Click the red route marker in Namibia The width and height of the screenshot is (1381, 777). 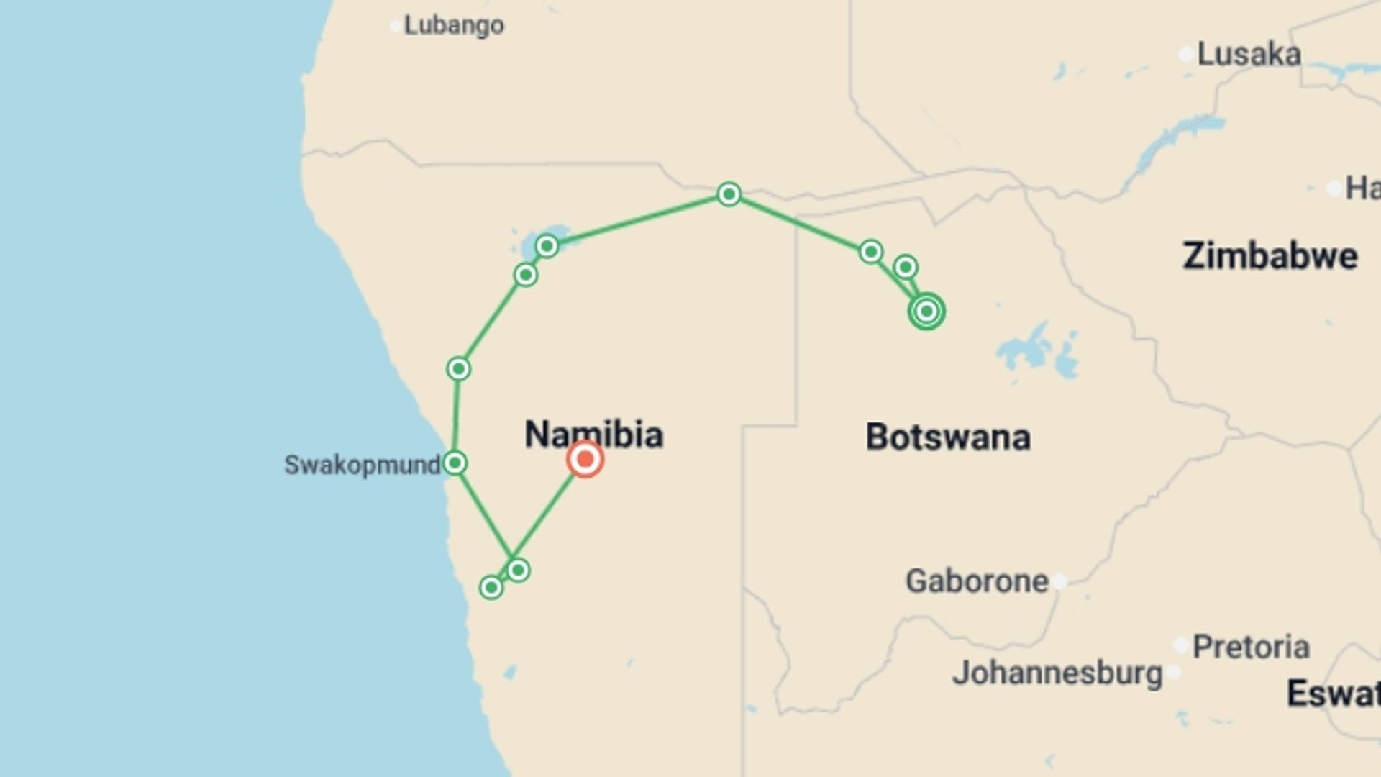click(585, 459)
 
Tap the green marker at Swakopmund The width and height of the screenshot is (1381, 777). click(455, 463)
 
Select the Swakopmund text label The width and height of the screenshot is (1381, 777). click(362, 465)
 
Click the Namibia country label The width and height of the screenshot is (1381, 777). click(593, 435)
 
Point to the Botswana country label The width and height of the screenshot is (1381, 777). click(947, 437)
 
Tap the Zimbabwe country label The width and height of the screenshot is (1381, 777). click(1270, 256)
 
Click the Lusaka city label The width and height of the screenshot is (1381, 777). click(1249, 55)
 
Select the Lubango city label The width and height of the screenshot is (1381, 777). click(454, 25)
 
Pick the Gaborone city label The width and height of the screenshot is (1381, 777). click(977, 581)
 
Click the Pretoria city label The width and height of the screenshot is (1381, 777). click(1251, 647)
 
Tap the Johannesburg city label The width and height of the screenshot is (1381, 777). click(1057, 673)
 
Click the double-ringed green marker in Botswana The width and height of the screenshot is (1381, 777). click(926, 312)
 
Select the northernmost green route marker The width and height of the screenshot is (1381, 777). click(729, 194)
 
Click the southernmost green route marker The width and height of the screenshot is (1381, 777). click(491, 588)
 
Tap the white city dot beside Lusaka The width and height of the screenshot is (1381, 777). click(1186, 55)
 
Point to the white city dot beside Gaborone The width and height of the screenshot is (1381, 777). click(1059, 581)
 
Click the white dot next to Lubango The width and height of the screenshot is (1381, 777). click(396, 27)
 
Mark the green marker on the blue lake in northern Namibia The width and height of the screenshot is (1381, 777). click(547, 247)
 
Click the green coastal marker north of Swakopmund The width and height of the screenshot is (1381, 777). click(459, 369)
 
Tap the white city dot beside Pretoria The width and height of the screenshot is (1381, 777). click(1181, 645)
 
